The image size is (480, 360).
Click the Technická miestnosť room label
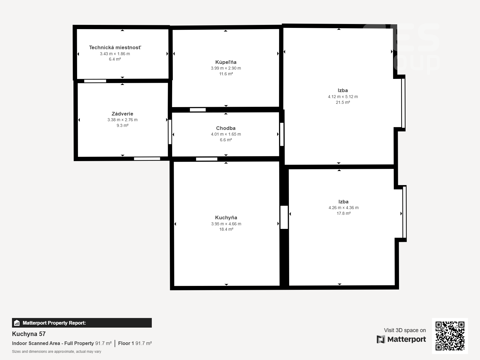[x=115, y=47]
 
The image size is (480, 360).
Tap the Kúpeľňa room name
[x=226, y=62]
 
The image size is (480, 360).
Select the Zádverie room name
[x=122, y=114]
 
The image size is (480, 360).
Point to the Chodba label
[x=226, y=128]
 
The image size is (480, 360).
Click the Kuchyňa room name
[x=226, y=217]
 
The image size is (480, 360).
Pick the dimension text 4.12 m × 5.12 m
[x=343, y=97]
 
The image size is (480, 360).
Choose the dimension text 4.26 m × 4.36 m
[x=343, y=208]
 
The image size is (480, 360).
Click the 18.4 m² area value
[x=226, y=229]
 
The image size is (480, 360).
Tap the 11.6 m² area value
[x=226, y=74]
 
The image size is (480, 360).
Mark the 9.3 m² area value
[x=122, y=125]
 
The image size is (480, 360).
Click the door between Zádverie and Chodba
[x=170, y=132]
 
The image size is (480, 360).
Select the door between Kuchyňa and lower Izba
[x=284, y=217]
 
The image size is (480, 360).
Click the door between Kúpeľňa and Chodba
[x=198, y=110]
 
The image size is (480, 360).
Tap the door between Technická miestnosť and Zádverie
[x=95, y=81]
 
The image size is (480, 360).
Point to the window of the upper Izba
[x=403, y=103]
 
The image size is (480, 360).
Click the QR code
[x=450, y=336]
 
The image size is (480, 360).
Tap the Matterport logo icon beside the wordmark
[x=381, y=339]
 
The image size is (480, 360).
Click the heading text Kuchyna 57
[x=29, y=334]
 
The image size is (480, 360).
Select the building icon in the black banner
[x=17, y=323]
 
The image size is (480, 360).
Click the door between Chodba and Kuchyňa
[x=207, y=159]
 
